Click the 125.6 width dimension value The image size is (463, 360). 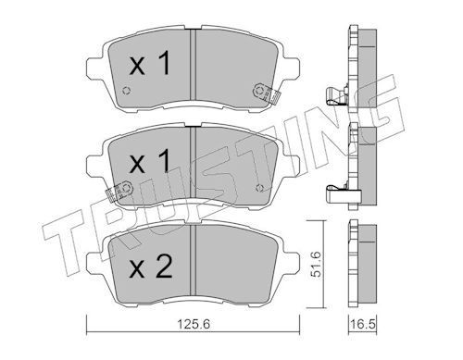(x=194, y=324)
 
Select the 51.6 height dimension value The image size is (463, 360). (x=316, y=264)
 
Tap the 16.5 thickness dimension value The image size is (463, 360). (x=363, y=324)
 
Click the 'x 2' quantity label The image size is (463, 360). (x=151, y=267)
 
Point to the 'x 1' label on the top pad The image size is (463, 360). (x=150, y=64)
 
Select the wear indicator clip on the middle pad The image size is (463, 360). (x=119, y=191)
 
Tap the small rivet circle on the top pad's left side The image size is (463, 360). (x=126, y=91)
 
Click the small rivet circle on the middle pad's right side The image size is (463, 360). (x=260, y=188)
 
